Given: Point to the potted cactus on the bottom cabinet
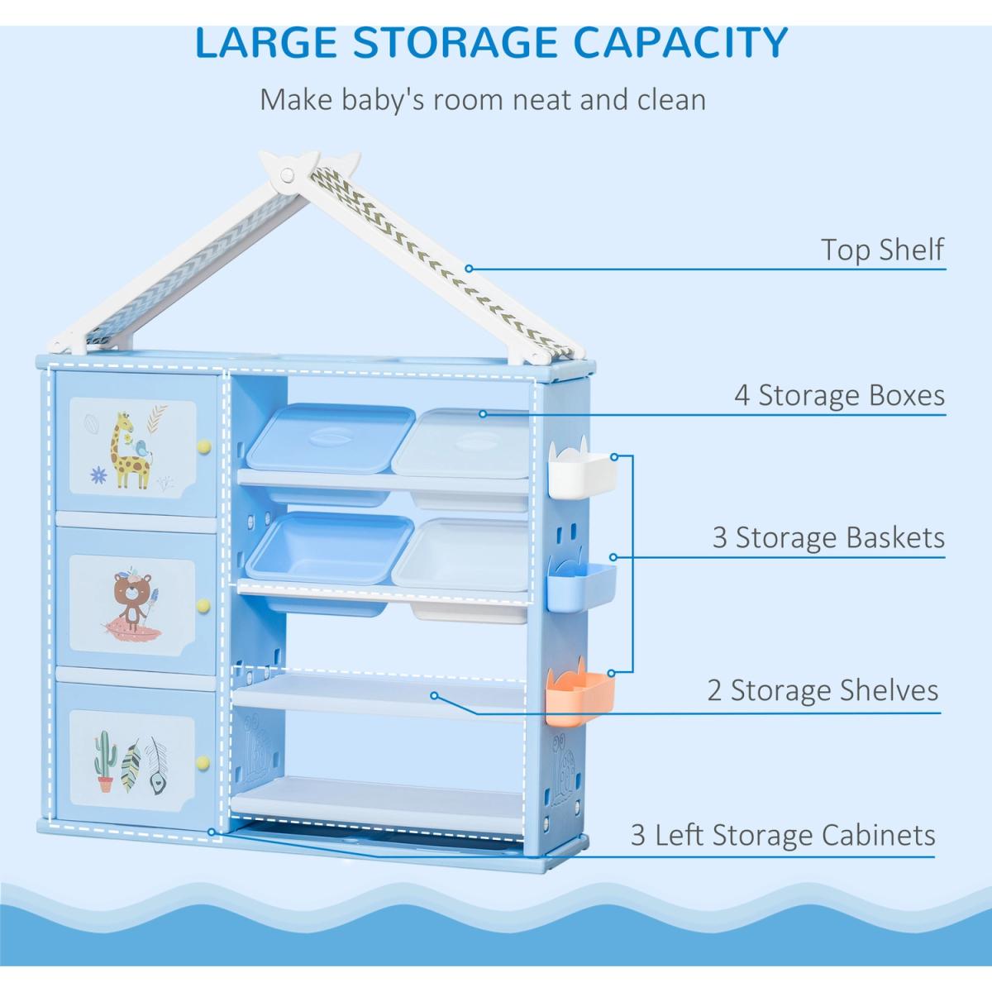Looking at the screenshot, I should (104, 758).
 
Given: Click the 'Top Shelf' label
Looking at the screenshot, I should (882, 249).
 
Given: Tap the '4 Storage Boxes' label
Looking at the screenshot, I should (839, 395).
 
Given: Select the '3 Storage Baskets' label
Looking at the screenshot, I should (828, 537).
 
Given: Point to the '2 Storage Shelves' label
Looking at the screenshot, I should (823, 690).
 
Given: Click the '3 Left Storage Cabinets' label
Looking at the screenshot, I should (783, 834).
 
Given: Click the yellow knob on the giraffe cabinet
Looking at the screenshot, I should (206, 446).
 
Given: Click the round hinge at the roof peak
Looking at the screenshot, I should (287, 176).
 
